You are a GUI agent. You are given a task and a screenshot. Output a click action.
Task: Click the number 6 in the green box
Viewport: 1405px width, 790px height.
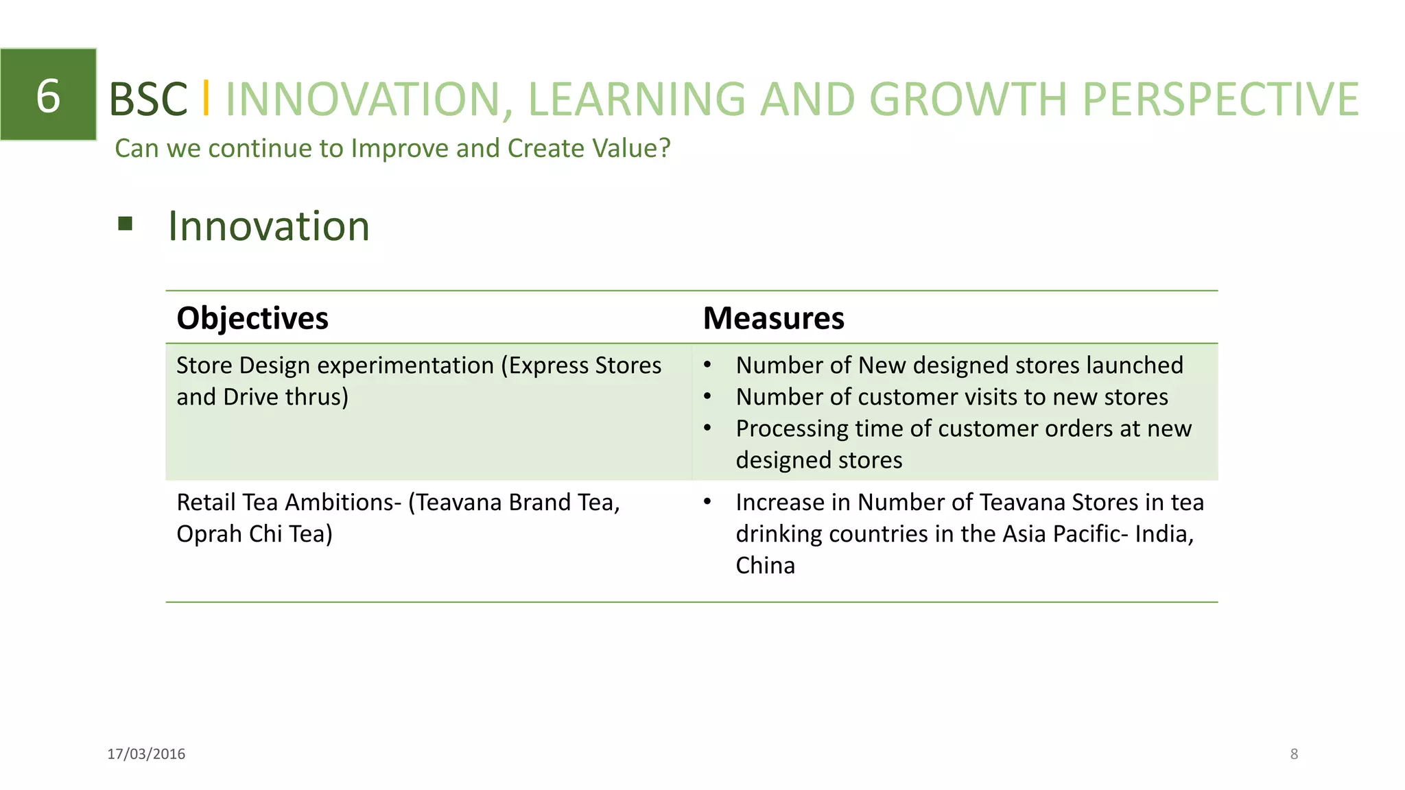(x=48, y=95)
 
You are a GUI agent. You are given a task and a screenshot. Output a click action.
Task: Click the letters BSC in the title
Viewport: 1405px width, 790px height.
(x=148, y=99)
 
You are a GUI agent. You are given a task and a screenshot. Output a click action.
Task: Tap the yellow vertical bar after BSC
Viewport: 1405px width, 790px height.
(x=206, y=98)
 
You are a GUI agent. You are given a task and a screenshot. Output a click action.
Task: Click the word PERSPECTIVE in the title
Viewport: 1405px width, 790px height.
(x=1220, y=99)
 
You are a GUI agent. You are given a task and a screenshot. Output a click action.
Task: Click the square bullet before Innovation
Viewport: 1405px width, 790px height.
(x=125, y=224)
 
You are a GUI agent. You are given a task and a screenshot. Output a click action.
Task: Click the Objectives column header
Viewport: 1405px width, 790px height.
(x=252, y=318)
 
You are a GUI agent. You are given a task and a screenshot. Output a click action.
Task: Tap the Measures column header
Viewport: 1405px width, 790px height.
(x=773, y=318)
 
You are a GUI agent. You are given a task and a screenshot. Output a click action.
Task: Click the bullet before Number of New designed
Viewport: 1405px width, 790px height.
(x=707, y=366)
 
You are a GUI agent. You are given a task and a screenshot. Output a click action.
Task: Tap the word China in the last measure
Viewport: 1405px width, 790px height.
(x=765, y=566)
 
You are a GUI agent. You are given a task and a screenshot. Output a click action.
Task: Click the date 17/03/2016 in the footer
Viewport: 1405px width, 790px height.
(x=146, y=754)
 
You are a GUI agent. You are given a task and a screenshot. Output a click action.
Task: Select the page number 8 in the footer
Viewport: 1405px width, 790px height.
(x=1294, y=754)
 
